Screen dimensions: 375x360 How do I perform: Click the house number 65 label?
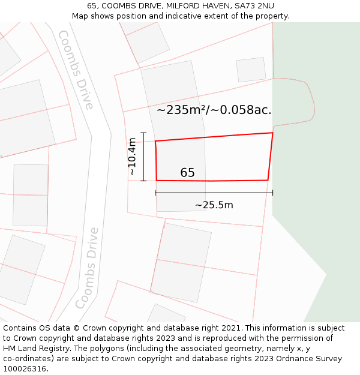187,173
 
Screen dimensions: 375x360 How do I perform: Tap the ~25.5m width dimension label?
214,205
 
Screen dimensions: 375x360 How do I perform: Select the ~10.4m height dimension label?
133,157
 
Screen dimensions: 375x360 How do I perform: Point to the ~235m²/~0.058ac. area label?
214,110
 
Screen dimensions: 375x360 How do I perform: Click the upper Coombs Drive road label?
77,70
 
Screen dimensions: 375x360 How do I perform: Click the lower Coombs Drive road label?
88,268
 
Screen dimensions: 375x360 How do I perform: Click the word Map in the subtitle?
80,16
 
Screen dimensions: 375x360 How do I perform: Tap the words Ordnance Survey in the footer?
310,359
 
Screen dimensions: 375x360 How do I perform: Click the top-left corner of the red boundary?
155,142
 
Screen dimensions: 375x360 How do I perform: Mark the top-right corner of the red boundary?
272,133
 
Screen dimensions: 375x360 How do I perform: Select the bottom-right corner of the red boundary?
268,180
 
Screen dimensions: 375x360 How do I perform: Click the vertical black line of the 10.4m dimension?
143,157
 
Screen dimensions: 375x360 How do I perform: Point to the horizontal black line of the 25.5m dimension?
214,193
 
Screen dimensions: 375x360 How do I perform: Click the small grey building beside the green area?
251,70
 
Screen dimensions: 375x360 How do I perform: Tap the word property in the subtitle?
271,16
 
